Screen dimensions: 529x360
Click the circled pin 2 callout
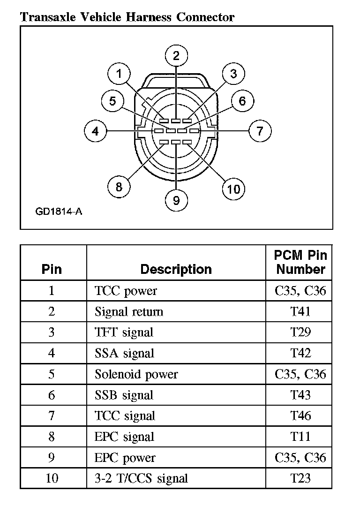(176, 56)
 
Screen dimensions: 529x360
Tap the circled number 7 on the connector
(260, 131)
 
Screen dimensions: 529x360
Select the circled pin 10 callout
(233, 189)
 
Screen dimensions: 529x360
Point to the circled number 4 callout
(96, 131)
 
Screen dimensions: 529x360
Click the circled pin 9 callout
(176, 200)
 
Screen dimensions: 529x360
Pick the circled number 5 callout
(112, 101)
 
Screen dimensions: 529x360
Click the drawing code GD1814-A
(59, 212)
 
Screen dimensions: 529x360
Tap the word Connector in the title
(205, 18)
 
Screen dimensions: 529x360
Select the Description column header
(176, 269)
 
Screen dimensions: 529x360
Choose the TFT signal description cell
(124, 333)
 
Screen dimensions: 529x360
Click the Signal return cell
(129, 311)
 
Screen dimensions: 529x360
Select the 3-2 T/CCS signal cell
(141, 478)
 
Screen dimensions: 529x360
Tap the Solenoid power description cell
(136, 374)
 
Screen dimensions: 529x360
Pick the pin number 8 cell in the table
(52, 437)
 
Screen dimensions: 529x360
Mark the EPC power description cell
(125, 458)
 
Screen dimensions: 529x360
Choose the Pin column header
(52, 269)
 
